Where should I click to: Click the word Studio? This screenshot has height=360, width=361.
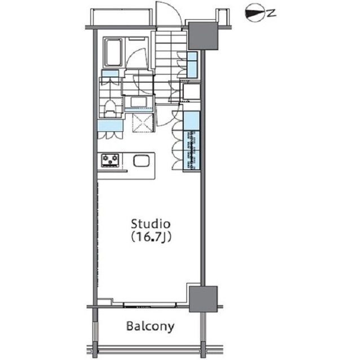pyautogui.click(x=151, y=224)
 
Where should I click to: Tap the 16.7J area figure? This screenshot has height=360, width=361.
pyautogui.click(x=151, y=237)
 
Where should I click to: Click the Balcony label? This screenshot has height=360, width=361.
pyautogui.click(x=151, y=326)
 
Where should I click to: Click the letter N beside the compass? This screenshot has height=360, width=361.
pyautogui.click(x=272, y=13)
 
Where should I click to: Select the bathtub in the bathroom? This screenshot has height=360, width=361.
pyautogui.click(x=113, y=52)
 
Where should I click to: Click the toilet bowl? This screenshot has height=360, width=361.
pyautogui.click(x=111, y=107)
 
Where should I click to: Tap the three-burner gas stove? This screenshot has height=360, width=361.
pyautogui.click(x=111, y=160)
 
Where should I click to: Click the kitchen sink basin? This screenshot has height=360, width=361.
pyautogui.click(x=142, y=161)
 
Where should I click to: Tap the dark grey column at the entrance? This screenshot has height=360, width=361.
pyautogui.click(x=203, y=35)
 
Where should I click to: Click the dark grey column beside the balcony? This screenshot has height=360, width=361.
pyautogui.click(x=203, y=299)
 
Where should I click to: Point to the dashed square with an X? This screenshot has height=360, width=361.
pyautogui.click(x=143, y=123)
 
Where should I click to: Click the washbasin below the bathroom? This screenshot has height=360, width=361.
pyautogui.click(x=139, y=102)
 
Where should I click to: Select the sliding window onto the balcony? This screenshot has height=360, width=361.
pyautogui.click(x=150, y=305)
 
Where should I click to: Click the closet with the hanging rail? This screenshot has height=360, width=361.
pyautogui.click(x=192, y=150)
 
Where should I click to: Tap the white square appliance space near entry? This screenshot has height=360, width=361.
pyautogui.click(x=192, y=91)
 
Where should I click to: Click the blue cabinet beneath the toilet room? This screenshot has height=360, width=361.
pyautogui.click(x=110, y=126)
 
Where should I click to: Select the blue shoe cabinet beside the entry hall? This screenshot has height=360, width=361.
pyautogui.click(x=192, y=65)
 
